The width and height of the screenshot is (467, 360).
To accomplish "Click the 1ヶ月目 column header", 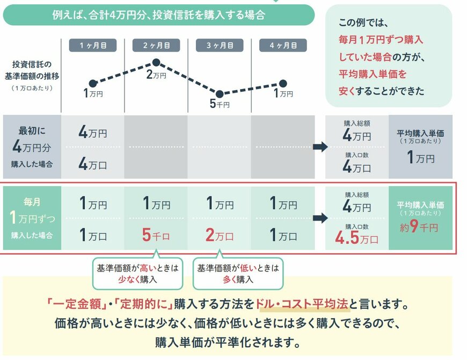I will pyautogui.click(x=93, y=46).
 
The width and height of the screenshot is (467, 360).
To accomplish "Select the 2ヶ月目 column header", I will pyautogui.click(x=156, y=46).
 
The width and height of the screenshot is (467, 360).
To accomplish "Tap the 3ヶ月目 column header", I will pyautogui.click(x=219, y=46).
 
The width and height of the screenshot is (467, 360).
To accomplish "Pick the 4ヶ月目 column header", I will pyautogui.click(x=282, y=46).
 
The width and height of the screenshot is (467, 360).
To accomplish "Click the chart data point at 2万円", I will pyautogui.click(x=156, y=63).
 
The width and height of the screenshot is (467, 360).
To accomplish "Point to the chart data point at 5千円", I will pyautogui.click(x=219, y=93).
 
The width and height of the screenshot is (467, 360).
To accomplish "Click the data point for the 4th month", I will pyautogui.click(x=283, y=83).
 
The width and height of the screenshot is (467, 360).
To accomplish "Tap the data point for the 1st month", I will pyautogui.click(x=93, y=83).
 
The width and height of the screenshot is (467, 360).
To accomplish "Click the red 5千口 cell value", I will pyautogui.click(x=156, y=236).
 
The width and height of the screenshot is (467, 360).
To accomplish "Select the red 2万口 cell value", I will pyautogui.click(x=219, y=236).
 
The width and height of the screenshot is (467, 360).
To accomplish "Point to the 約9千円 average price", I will pyautogui.click(x=417, y=227).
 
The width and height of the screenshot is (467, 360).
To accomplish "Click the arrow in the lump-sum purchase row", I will pyautogui.click(x=320, y=147).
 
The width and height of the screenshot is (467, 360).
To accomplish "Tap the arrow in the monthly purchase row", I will pyautogui.click(x=320, y=218).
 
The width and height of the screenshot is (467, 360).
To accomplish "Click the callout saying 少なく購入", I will pyautogui.click(x=137, y=273).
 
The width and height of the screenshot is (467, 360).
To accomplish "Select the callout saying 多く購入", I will pyautogui.click(x=237, y=273).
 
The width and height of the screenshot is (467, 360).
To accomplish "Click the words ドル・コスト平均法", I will pyautogui.click(x=303, y=304).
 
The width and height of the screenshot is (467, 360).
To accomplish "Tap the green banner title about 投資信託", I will pyautogui.click(x=158, y=15).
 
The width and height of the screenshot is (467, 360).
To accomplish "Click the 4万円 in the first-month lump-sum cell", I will pyautogui.click(x=93, y=131).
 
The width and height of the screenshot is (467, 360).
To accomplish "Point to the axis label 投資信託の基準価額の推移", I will pyautogui.click(x=31, y=71).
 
